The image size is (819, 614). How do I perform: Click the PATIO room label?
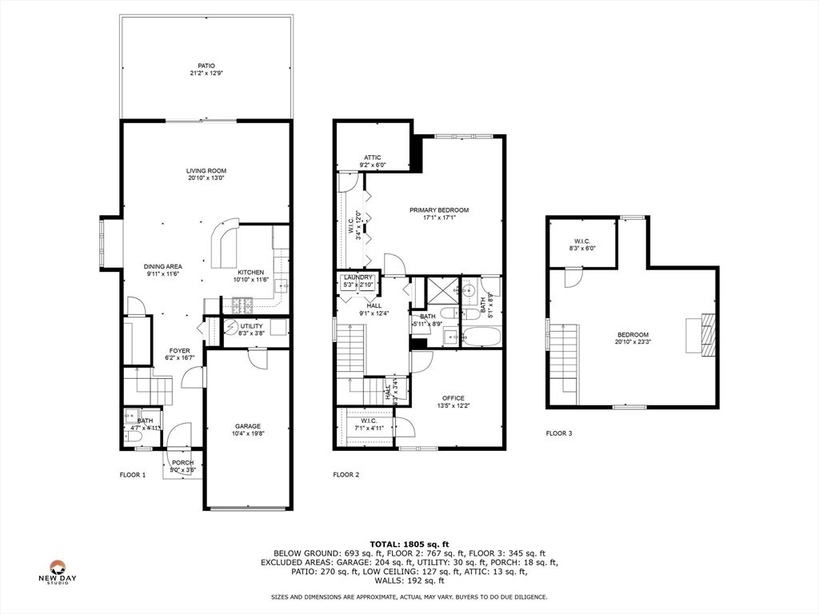click(206, 66)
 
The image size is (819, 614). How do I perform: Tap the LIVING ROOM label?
click(206, 170)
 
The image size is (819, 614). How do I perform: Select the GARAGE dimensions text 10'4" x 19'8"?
click(248, 434)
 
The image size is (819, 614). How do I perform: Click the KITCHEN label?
click(250, 272)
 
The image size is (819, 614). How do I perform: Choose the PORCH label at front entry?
click(183, 462)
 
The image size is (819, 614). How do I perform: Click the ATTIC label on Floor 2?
click(373, 157)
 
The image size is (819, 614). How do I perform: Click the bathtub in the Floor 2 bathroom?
click(481, 337)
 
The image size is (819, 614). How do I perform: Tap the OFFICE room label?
click(453, 398)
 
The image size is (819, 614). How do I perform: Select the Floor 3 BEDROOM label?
click(633, 335)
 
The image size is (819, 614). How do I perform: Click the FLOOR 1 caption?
click(133, 475)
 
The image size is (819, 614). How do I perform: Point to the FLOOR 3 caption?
click(559, 433)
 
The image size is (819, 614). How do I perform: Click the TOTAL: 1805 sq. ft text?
click(409, 543)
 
